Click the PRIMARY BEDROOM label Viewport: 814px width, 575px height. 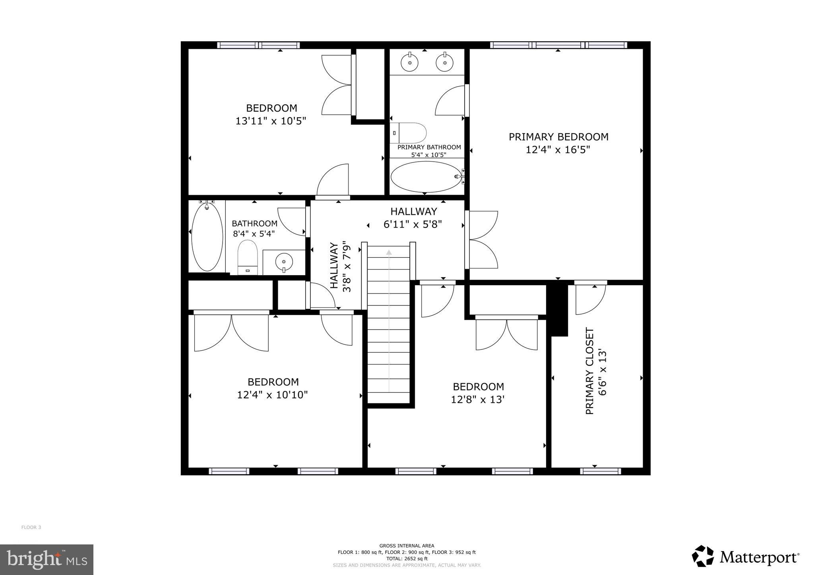(558, 137)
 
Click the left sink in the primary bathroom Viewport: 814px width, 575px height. (409, 62)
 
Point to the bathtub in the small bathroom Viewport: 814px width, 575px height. (207, 237)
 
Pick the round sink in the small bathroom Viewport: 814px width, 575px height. (284, 261)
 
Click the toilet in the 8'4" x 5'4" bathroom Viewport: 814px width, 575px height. (248, 257)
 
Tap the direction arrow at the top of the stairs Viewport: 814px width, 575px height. (389, 252)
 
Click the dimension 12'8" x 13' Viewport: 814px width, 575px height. (478, 399)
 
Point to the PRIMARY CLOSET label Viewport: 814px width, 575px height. (590, 371)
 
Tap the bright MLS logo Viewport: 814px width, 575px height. (47, 560)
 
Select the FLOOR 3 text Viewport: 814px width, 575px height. (31, 527)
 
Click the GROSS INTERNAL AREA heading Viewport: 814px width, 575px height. (407, 546)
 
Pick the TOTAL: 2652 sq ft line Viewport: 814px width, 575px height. (407, 558)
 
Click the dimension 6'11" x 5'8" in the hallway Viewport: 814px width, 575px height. (413, 225)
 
